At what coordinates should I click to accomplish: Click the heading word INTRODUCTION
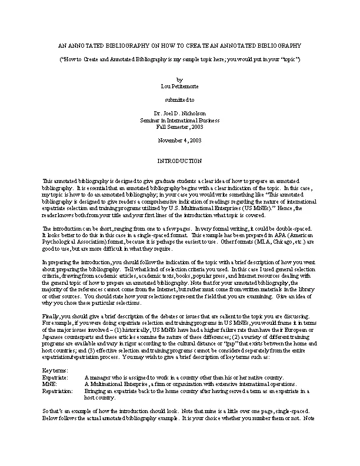click(x=179, y=161)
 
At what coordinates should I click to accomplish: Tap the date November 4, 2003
click(x=179, y=140)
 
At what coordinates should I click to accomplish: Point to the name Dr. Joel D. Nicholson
click(x=179, y=112)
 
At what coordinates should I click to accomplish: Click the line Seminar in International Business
click(x=179, y=119)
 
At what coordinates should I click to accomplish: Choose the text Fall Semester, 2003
click(x=179, y=127)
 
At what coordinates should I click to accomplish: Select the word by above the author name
click(x=179, y=78)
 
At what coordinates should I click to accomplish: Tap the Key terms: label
click(x=56, y=370)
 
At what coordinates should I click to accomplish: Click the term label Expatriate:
click(x=56, y=377)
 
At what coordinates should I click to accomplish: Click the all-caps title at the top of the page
click(x=180, y=46)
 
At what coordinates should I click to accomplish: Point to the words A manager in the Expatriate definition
click(x=98, y=377)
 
